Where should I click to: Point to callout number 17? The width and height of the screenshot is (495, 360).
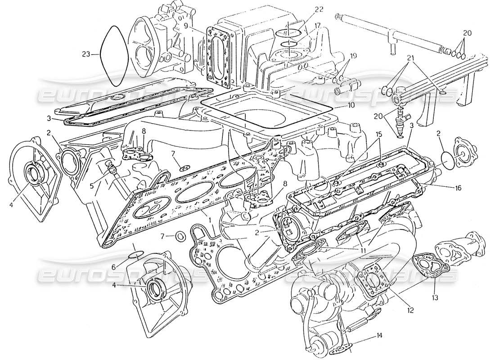point(318,26)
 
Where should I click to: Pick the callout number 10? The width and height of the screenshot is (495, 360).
point(351,106)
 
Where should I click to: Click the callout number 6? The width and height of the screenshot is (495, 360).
point(114,267)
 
